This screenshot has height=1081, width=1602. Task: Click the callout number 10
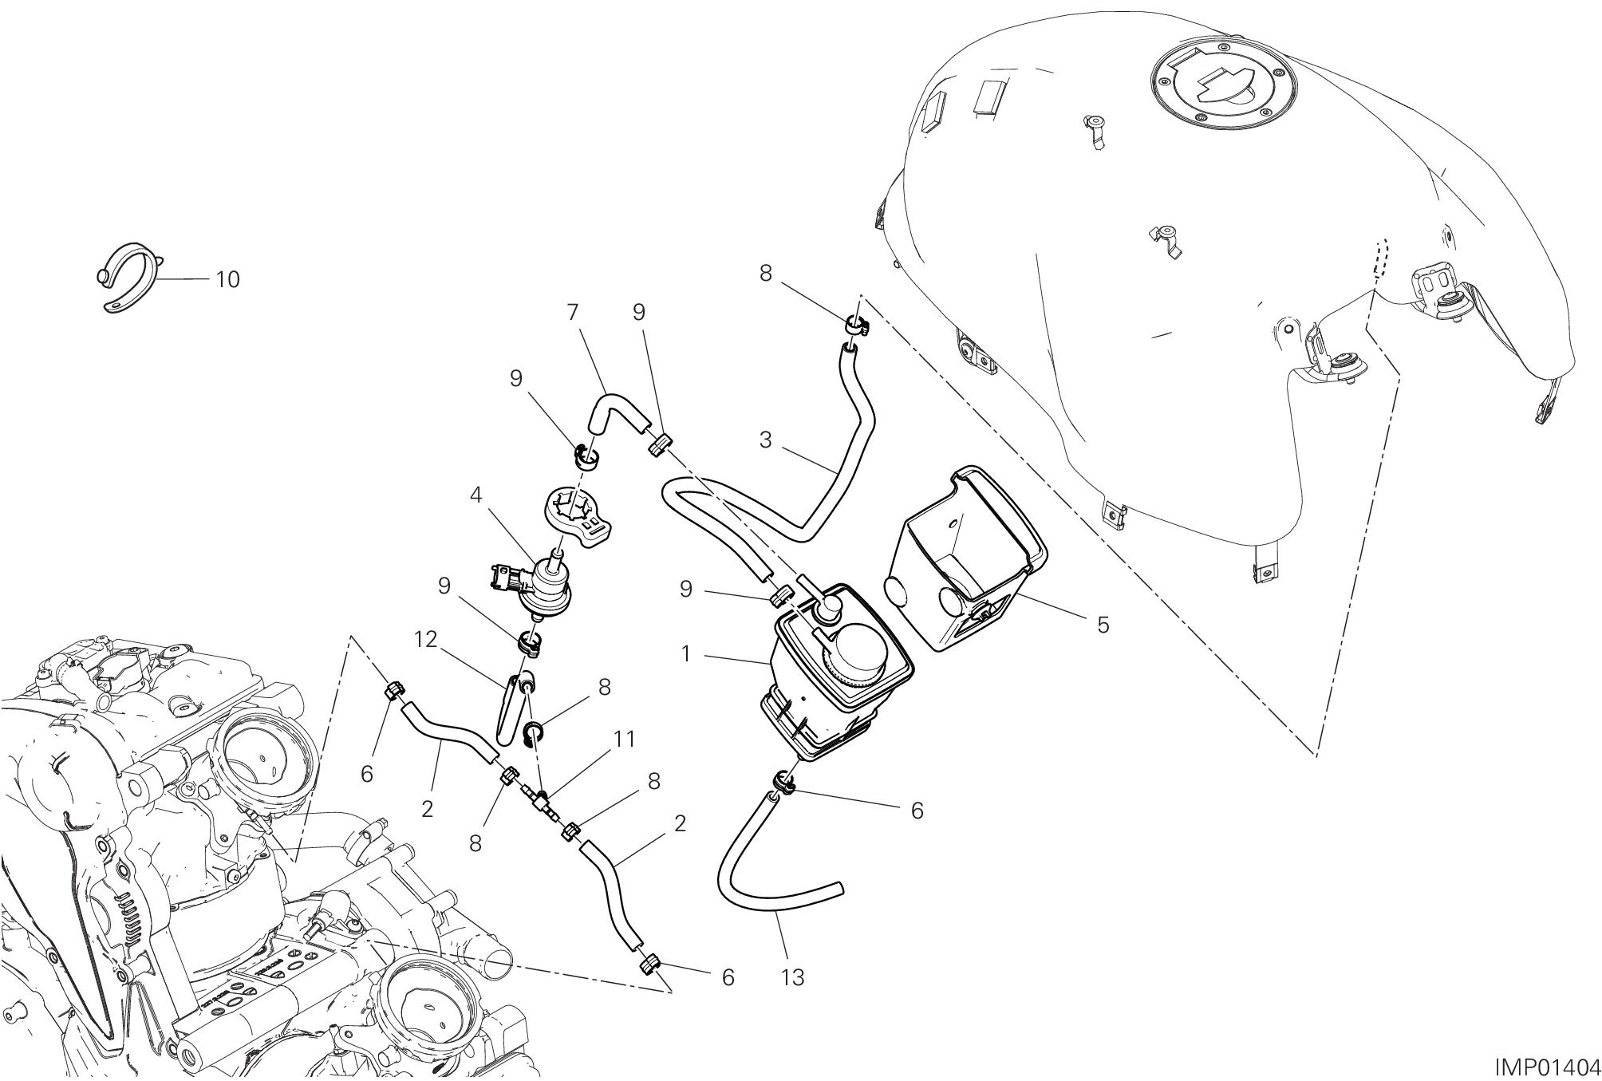(227, 279)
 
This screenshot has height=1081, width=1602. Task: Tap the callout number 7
(572, 312)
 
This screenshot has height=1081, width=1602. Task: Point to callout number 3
(765, 440)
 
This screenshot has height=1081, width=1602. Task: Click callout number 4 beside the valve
(475, 495)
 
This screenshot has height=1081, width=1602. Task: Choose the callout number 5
(1103, 624)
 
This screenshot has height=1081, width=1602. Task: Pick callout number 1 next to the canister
(685, 654)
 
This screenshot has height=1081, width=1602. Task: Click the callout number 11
(624, 740)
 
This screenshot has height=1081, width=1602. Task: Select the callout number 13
(793, 976)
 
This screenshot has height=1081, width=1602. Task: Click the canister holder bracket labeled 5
(965, 558)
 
